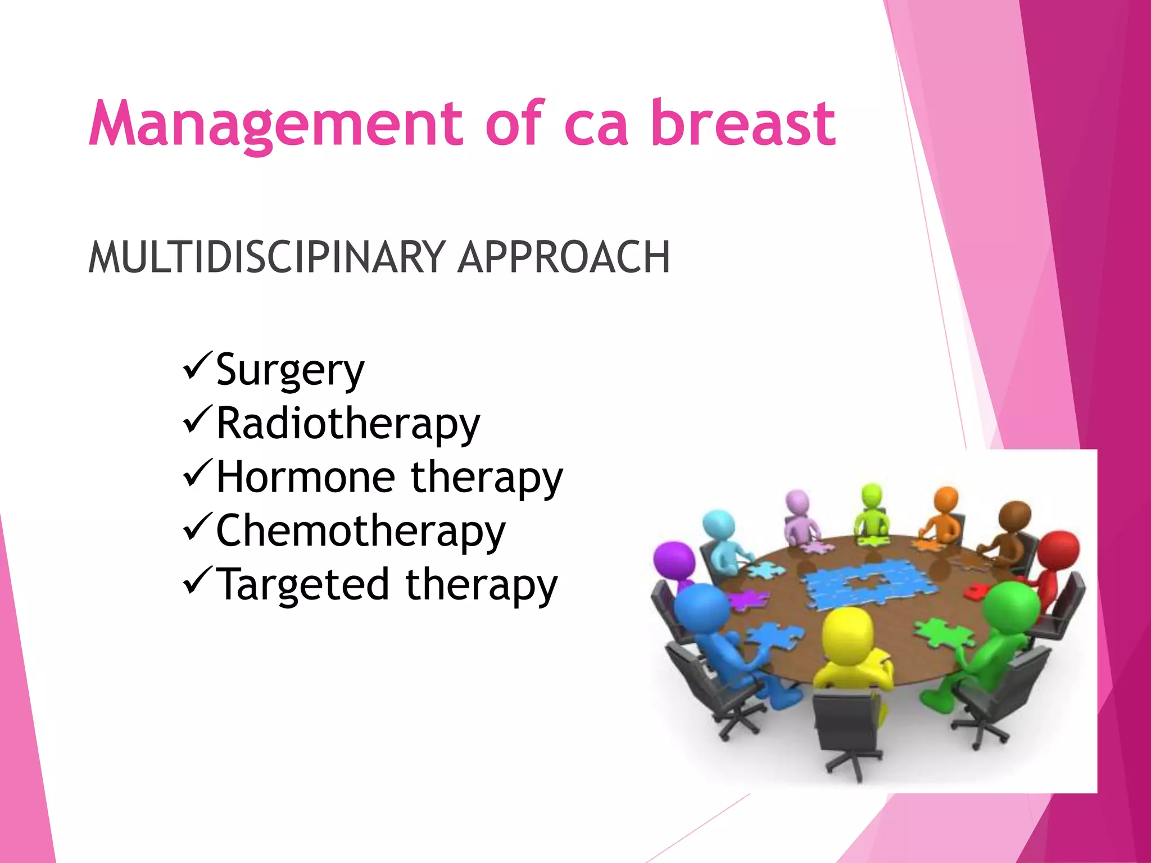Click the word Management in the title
pos(275,124)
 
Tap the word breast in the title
pos(743,124)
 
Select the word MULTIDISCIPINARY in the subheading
pos(267,257)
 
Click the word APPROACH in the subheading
pos(564,257)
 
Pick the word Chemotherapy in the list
pos(360,532)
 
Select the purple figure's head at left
pos(674,561)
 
